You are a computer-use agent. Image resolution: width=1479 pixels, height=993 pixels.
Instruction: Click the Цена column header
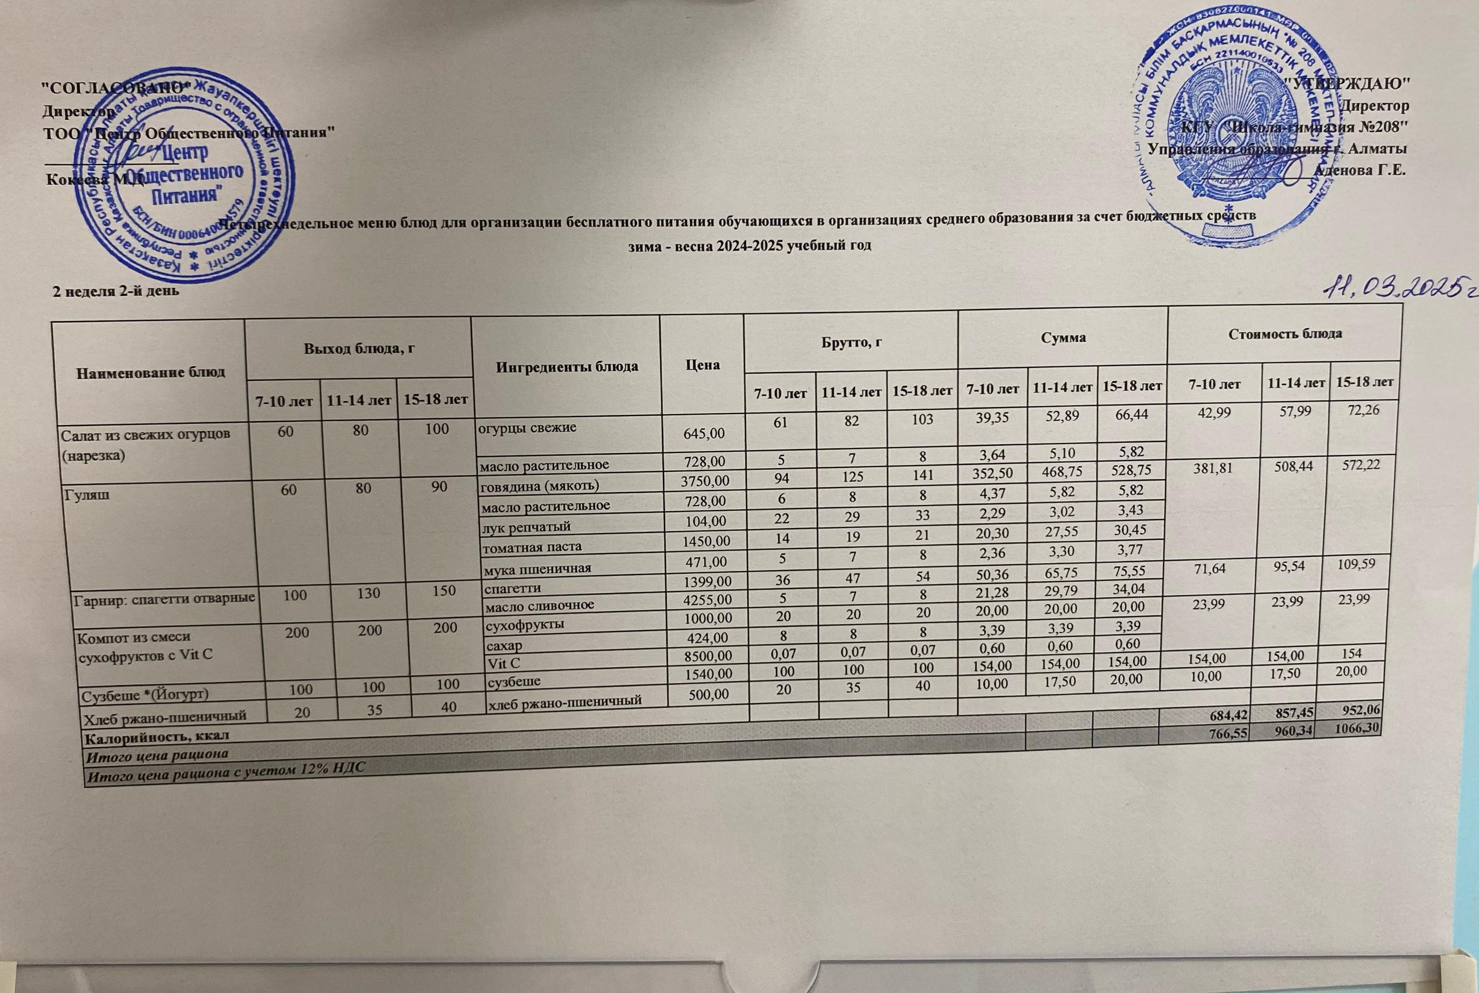702,366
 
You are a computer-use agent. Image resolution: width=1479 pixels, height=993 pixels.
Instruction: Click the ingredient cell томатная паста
532,545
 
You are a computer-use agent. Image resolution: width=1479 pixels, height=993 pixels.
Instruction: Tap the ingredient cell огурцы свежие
528,427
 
